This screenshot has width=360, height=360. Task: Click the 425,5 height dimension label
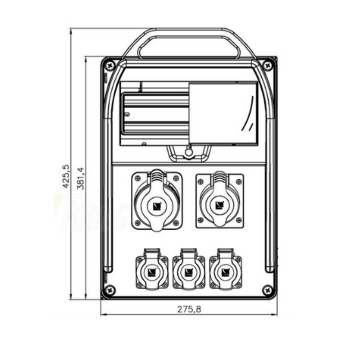66,176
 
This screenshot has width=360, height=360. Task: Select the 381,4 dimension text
81,179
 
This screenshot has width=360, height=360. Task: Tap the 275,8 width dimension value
189,309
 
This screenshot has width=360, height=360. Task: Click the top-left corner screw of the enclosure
110,66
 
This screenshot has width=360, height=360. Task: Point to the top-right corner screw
267,66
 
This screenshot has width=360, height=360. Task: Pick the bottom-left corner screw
110,290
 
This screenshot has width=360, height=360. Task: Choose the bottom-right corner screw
267,291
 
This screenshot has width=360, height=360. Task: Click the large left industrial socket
157,200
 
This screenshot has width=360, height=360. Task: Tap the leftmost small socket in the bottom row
152,269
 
